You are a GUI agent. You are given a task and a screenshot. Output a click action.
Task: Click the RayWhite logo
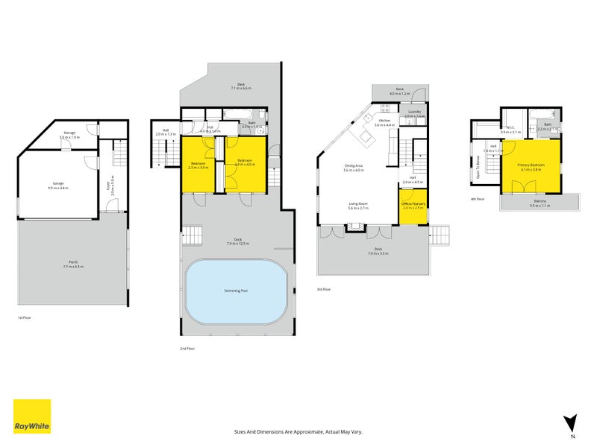pyautogui.click(x=32, y=416)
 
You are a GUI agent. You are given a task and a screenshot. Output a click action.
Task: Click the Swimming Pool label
pyautogui.click(x=236, y=290)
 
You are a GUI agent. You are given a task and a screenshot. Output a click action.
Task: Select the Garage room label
pyautogui.click(x=57, y=184)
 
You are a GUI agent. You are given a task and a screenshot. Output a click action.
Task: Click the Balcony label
pyautogui.click(x=538, y=202)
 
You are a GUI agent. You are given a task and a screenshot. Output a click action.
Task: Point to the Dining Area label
pyautogui.click(x=353, y=168)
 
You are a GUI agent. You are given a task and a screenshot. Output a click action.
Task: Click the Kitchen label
pyautogui.click(x=384, y=121)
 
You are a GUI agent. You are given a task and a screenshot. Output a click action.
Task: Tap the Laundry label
pyautogui.click(x=414, y=113)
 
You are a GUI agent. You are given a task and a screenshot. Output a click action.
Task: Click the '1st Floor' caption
pyautogui.click(x=25, y=317)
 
